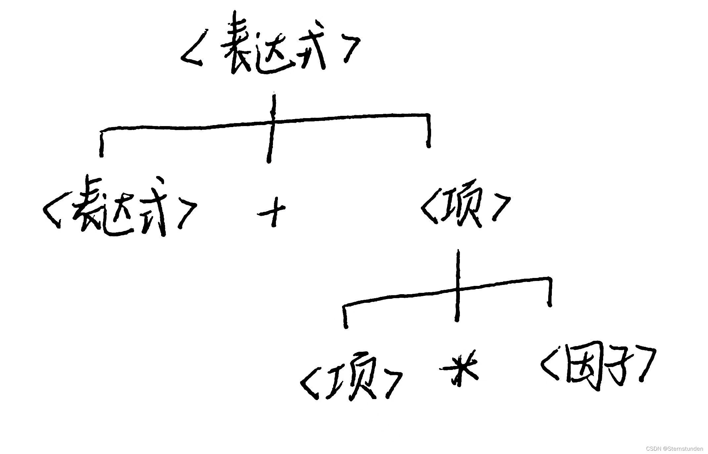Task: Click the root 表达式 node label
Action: tap(270, 46)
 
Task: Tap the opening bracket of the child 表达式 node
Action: tap(53, 212)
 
